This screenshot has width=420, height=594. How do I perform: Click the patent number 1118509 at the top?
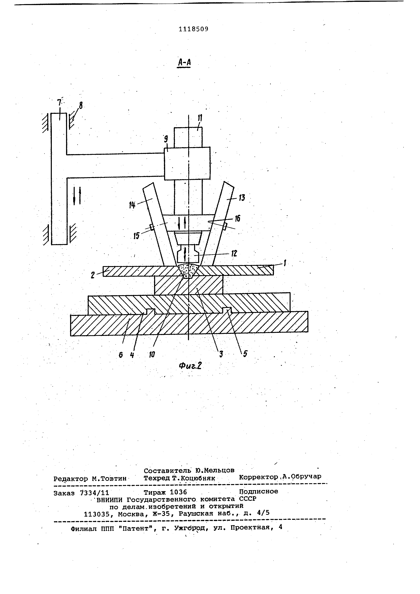click(x=193, y=29)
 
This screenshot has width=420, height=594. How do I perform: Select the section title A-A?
click(x=184, y=63)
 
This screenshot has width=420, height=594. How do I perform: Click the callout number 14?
click(x=132, y=205)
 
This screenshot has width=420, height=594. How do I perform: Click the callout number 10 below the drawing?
click(x=152, y=355)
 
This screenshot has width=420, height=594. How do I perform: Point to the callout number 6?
click(x=121, y=355)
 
